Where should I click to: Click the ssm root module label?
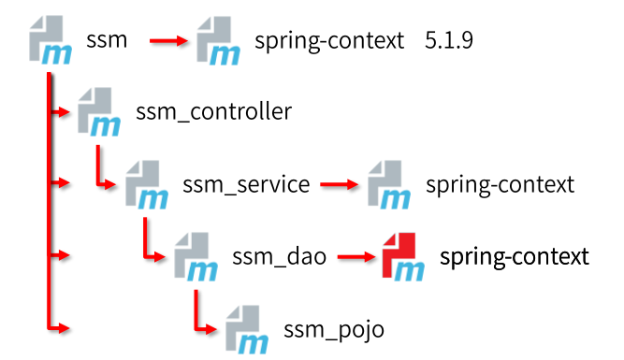point(106,40)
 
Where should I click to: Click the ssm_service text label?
point(246,184)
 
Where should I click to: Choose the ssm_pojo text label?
point(334,328)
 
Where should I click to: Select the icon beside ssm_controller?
point(99,112)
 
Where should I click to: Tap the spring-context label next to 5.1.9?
point(329,41)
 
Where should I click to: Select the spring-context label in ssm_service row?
point(500,184)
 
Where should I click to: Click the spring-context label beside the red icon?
point(515,256)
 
